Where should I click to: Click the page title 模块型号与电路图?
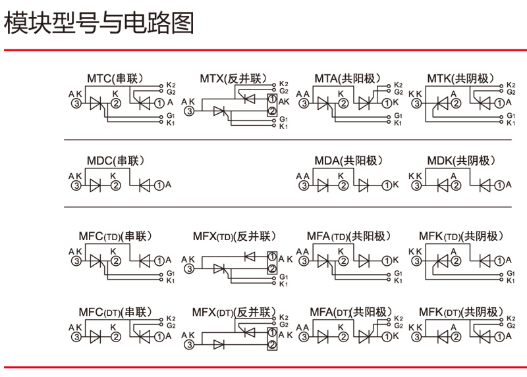tap(100, 25)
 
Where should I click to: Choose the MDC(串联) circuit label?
tap(115, 161)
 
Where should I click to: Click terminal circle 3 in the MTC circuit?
tap(76, 103)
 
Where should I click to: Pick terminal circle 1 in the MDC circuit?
tap(159, 186)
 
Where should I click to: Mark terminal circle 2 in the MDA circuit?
tap(343, 186)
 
